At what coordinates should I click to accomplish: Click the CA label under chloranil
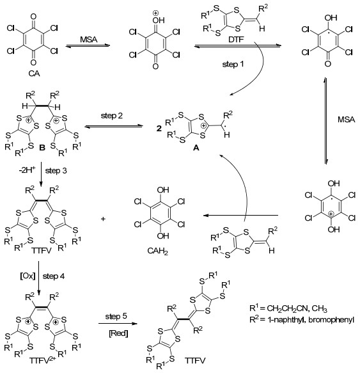point(34,74)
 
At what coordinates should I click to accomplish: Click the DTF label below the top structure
point(236,39)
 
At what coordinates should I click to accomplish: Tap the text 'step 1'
point(233,64)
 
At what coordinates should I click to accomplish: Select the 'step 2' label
point(112,116)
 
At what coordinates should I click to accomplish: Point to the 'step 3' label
point(56,171)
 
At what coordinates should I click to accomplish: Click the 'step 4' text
point(54,276)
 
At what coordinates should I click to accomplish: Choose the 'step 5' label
point(116,317)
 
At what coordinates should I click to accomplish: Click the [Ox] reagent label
point(27,276)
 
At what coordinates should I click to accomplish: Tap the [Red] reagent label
point(118,333)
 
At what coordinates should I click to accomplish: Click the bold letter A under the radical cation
point(196,148)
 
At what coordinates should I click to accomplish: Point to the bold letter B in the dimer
point(42,148)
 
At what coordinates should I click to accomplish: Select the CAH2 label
point(157,251)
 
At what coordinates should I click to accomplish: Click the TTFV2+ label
point(43,360)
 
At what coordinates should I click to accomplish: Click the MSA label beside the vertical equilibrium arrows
point(346,120)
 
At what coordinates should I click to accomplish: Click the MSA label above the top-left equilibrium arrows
point(88,39)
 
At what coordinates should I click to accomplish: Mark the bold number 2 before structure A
point(159,129)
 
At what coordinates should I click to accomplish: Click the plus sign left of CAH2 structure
point(103,219)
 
